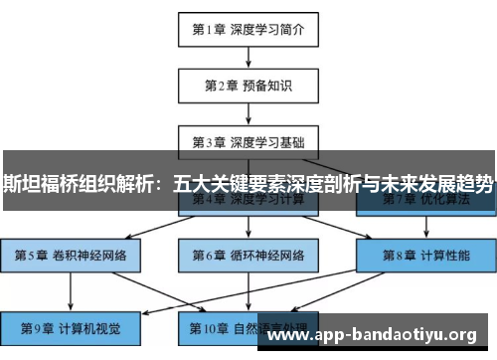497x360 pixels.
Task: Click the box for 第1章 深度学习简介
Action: tap(248, 29)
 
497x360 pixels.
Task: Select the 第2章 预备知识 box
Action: tap(248, 86)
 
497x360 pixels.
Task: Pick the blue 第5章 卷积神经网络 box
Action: tap(71, 255)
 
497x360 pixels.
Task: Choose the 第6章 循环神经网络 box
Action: tap(248, 255)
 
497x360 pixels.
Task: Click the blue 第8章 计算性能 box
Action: tap(426, 255)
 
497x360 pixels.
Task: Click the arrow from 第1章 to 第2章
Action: tap(248, 57)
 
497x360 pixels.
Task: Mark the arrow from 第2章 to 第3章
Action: tap(248, 112)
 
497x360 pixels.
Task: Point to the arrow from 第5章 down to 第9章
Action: tap(71, 291)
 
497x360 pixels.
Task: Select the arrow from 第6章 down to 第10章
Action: tap(248, 291)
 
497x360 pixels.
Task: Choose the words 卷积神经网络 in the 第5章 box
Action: tap(89, 255)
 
